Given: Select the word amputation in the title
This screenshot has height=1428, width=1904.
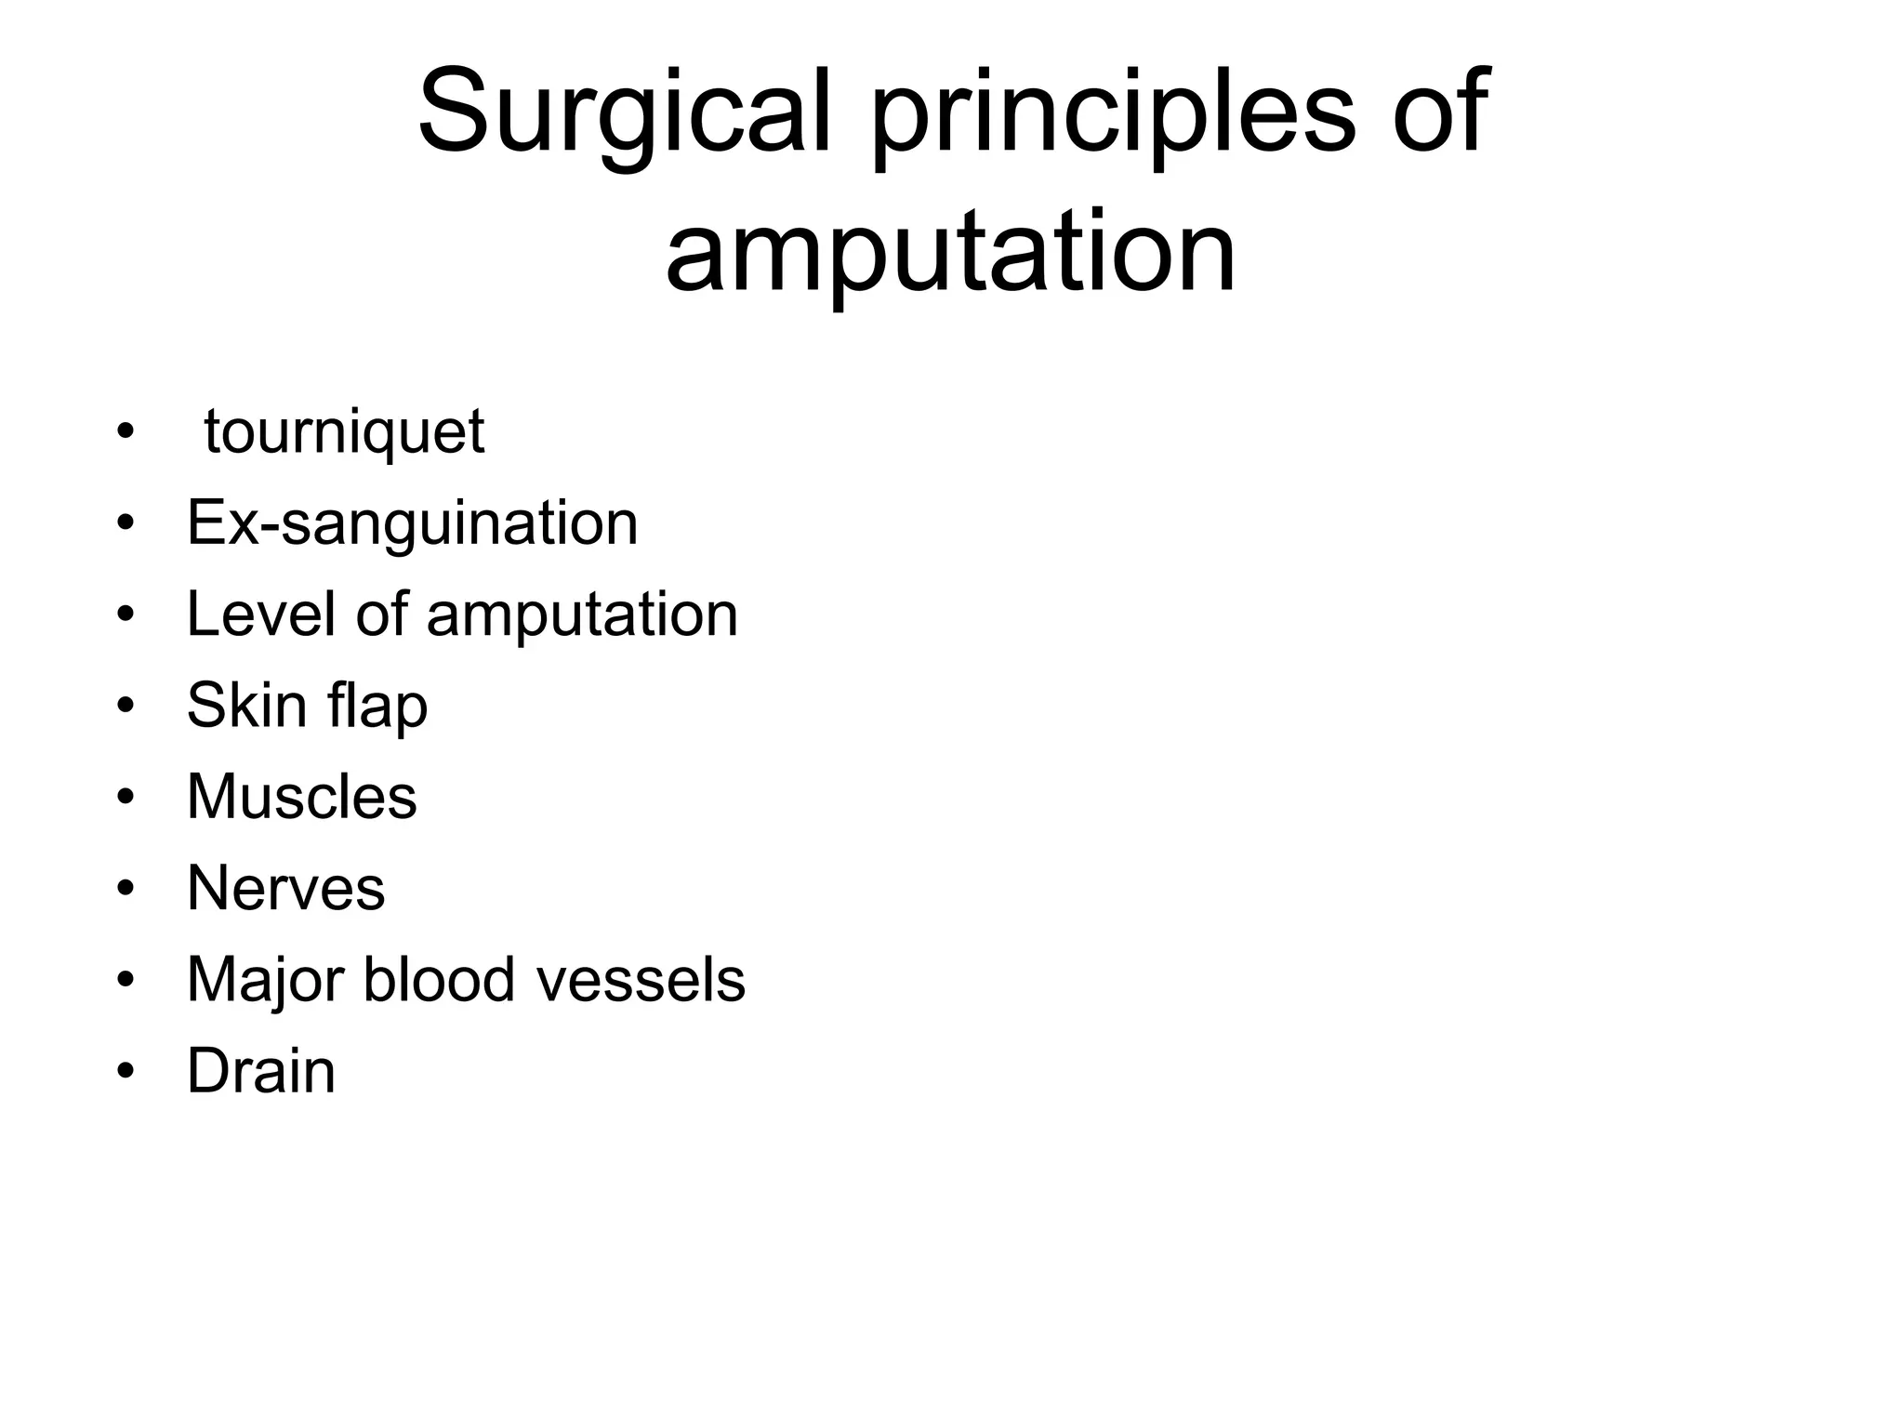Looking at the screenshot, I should click(950, 252).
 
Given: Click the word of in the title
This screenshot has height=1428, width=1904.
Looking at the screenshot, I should click(1440, 112).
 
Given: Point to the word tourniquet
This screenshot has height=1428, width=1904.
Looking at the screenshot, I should click(344, 433).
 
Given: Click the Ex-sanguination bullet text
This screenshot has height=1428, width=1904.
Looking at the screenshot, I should click(412, 522).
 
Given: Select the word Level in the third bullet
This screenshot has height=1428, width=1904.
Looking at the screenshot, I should click(259, 614).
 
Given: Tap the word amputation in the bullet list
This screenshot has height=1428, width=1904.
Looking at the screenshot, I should click(582, 615).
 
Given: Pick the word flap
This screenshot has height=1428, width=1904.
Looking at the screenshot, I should click(377, 706).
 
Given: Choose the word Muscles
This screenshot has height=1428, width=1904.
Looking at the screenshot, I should click(301, 796).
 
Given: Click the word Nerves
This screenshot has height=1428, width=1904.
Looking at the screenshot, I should click(285, 888).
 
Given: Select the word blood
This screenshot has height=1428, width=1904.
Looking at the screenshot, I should click(439, 979).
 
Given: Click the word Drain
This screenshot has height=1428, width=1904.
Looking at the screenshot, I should click(260, 1071).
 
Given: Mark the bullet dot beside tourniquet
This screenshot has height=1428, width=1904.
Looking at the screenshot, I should click(126, 433).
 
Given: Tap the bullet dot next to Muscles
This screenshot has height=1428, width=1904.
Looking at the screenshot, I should click(126, 798).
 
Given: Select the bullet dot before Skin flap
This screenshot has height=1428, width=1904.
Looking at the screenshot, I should click(126, 706).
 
